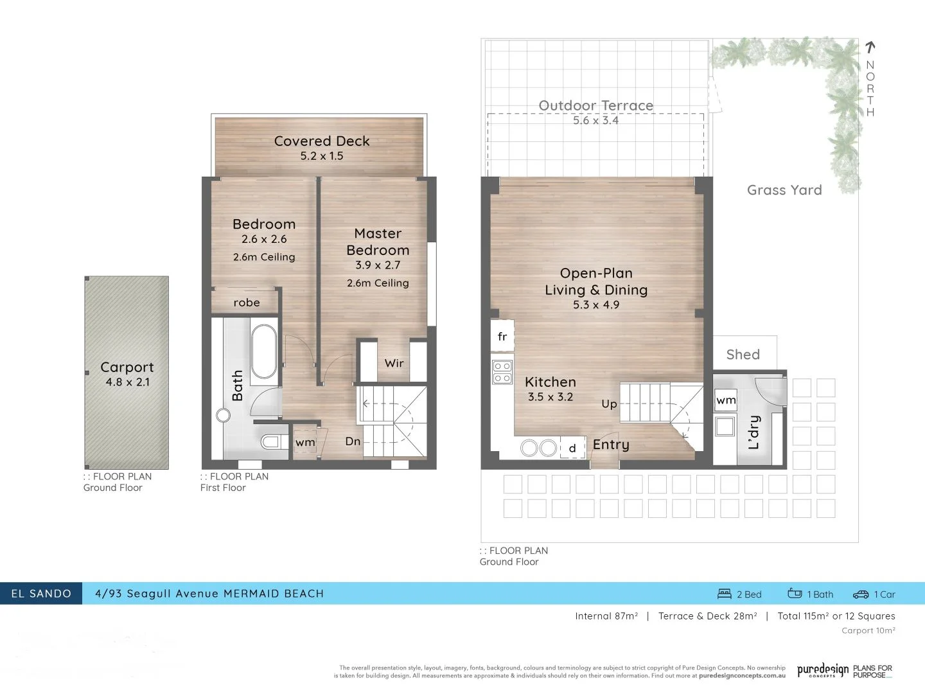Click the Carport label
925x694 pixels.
[x=127, y=368]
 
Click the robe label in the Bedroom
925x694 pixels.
[x=247, y=303]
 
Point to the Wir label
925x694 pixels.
[x=394, y=363]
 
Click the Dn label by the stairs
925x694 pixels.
[x=353, y=441]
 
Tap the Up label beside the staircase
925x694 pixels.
[x=609, y=404]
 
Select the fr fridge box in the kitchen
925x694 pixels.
[x=502, y=337]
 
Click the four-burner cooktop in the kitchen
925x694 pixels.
[x=502, y=373]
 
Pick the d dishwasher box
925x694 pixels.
[x=572, y=448]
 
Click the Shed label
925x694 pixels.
[x=743, y=355]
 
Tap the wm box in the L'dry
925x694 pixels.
[x=726, y=400]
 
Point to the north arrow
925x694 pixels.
[x=870, y=47]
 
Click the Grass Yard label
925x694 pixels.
[x=784, y=190]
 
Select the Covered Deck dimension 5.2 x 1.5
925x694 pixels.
[x=322, y=156]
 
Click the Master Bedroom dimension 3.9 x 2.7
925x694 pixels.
[x=378, y=265]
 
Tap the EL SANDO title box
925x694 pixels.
[x=41, y=594]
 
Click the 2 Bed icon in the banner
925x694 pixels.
[x=725, y=594]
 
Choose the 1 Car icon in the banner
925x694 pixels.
[x=861, y=594]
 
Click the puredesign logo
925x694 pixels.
[x=823, y=671]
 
